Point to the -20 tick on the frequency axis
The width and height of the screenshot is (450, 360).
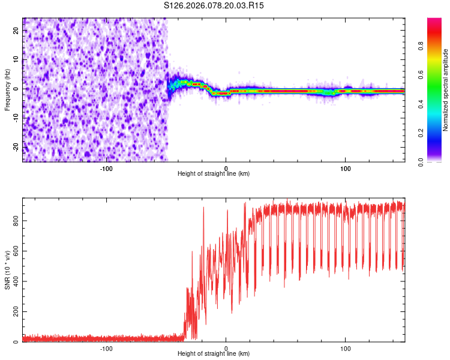[x=16, y=146]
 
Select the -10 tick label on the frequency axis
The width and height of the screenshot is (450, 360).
[x=16, y=118]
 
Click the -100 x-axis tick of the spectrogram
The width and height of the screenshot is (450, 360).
[x=106, y=167]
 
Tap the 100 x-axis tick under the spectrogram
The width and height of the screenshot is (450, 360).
[x=345, y=167]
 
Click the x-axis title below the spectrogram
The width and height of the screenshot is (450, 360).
[x=214, y=173]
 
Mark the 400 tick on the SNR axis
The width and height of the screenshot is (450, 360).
[x=14, y=281]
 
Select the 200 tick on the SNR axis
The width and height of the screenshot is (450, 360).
[x=14, y=312]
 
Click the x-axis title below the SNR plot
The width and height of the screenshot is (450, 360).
[x=214, y=354]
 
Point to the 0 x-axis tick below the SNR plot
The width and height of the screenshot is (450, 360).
[x=226, y=348]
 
